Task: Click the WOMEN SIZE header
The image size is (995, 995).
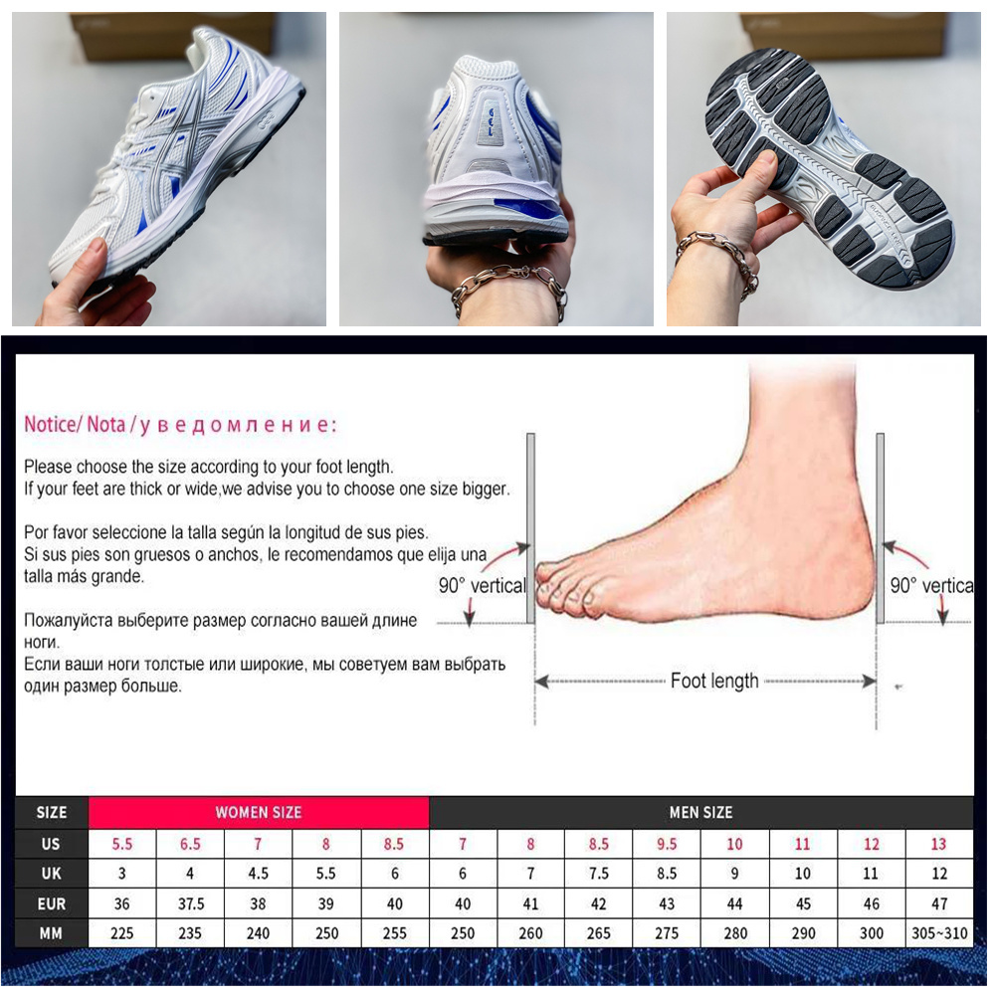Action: click(259, 812)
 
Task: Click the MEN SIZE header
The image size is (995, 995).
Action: click(700, 812)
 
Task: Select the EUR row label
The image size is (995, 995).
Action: click(52, 903)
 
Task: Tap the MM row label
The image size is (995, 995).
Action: click(52, 933)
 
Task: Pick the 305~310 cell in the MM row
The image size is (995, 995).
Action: click(939, 933)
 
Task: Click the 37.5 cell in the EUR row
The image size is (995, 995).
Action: click(190, 903)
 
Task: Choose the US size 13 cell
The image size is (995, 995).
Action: click(938, 844)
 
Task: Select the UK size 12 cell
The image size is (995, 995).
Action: click(939, 874)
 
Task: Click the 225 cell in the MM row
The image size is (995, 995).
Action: click(121, 933)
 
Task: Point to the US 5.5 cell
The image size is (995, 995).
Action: click(121, 844)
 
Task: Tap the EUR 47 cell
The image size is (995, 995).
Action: click(939, 903)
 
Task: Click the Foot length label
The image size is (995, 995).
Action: click(714, 681)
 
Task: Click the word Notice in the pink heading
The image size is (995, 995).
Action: click(51, 424)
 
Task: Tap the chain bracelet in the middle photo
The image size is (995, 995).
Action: click(507, 289)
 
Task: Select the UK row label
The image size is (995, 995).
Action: click(52, 874)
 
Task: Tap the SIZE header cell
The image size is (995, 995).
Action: click(52, 812)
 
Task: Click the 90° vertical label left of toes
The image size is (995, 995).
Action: click(483, 585)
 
